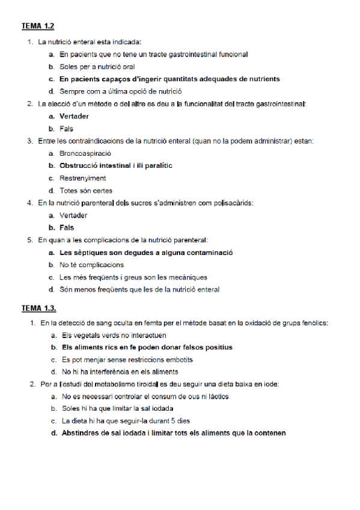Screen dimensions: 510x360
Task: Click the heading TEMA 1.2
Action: tap(38, 26)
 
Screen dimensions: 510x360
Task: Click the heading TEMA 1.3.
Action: tap(39, 309)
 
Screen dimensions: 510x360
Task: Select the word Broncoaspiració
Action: tap(85, 153)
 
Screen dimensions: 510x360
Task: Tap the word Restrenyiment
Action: tap(82, 178)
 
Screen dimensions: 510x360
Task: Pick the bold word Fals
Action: tap(66, 228)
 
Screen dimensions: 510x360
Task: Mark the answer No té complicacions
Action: tap(91, 265)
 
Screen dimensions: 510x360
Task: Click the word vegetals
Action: tap(85, 335)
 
